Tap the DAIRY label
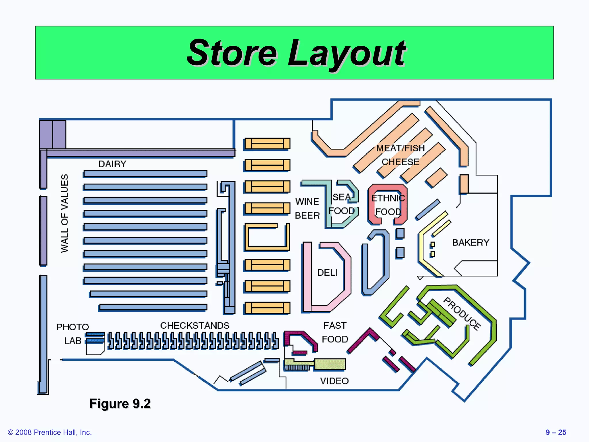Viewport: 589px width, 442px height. pyautogui.click(x=112, y=164)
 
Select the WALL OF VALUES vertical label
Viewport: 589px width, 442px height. pyautogui.click(x=65, y=213)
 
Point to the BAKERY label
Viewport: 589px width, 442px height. pyautogui.click(x=471, y=243)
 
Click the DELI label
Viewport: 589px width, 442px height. pyautogui.click(x=327, y=273)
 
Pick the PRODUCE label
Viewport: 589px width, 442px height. pyautogui.click(x=462, y=314)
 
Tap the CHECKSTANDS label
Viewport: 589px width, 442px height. pyautogui.click(x=195, y=325)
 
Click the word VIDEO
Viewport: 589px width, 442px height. pyautogui.click(x=334, y=381)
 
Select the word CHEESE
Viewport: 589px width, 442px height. pyautogui.click(x=400, y=162)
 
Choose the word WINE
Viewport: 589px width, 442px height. pyautogui.click(x=307, y=201)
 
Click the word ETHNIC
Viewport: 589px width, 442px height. pyautogui.click(x=388, y=198)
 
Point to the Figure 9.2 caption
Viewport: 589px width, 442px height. pyautogui.click(x=120, y=403)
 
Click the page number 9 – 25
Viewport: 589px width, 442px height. pyautogui.click(x=556, y=432)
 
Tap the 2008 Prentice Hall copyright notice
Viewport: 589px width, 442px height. pyautogui.click(x=50, y=432)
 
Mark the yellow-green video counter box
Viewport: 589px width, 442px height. pyautogui.click(x=330, y=364)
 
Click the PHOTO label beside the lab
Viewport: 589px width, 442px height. pyautogui.click(x=72, y=327)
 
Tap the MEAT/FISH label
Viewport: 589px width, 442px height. pyautogui.click(x=400, y=148)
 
